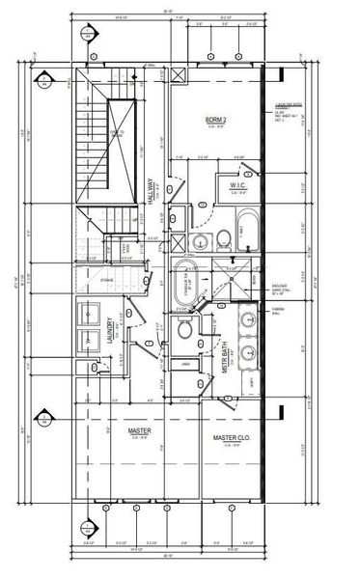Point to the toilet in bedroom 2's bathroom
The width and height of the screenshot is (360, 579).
click(220, 237)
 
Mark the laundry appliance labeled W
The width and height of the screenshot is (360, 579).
click(91, 340)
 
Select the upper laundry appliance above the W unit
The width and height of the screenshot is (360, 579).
click(91, 312)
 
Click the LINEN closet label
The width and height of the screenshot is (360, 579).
click(185, 364)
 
